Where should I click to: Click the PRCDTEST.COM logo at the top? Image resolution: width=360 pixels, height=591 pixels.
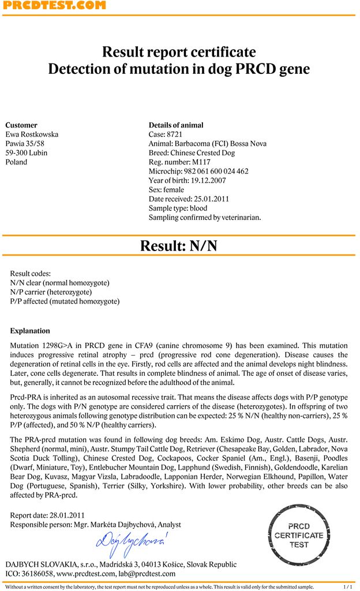click(x=53, y=6)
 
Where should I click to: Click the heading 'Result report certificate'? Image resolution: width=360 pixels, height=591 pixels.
click(x=179, y=52)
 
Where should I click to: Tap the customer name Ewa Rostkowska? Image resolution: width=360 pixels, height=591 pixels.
click(x=32, y=134)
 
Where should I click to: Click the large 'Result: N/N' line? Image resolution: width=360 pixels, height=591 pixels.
click(x=179, y=246)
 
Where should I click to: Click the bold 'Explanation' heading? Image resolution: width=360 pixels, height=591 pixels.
click(x=30, y=331)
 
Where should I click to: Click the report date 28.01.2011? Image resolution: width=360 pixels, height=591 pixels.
click(x=66, y=515)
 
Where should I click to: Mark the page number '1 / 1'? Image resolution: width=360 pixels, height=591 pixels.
click(x=348, y=587)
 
